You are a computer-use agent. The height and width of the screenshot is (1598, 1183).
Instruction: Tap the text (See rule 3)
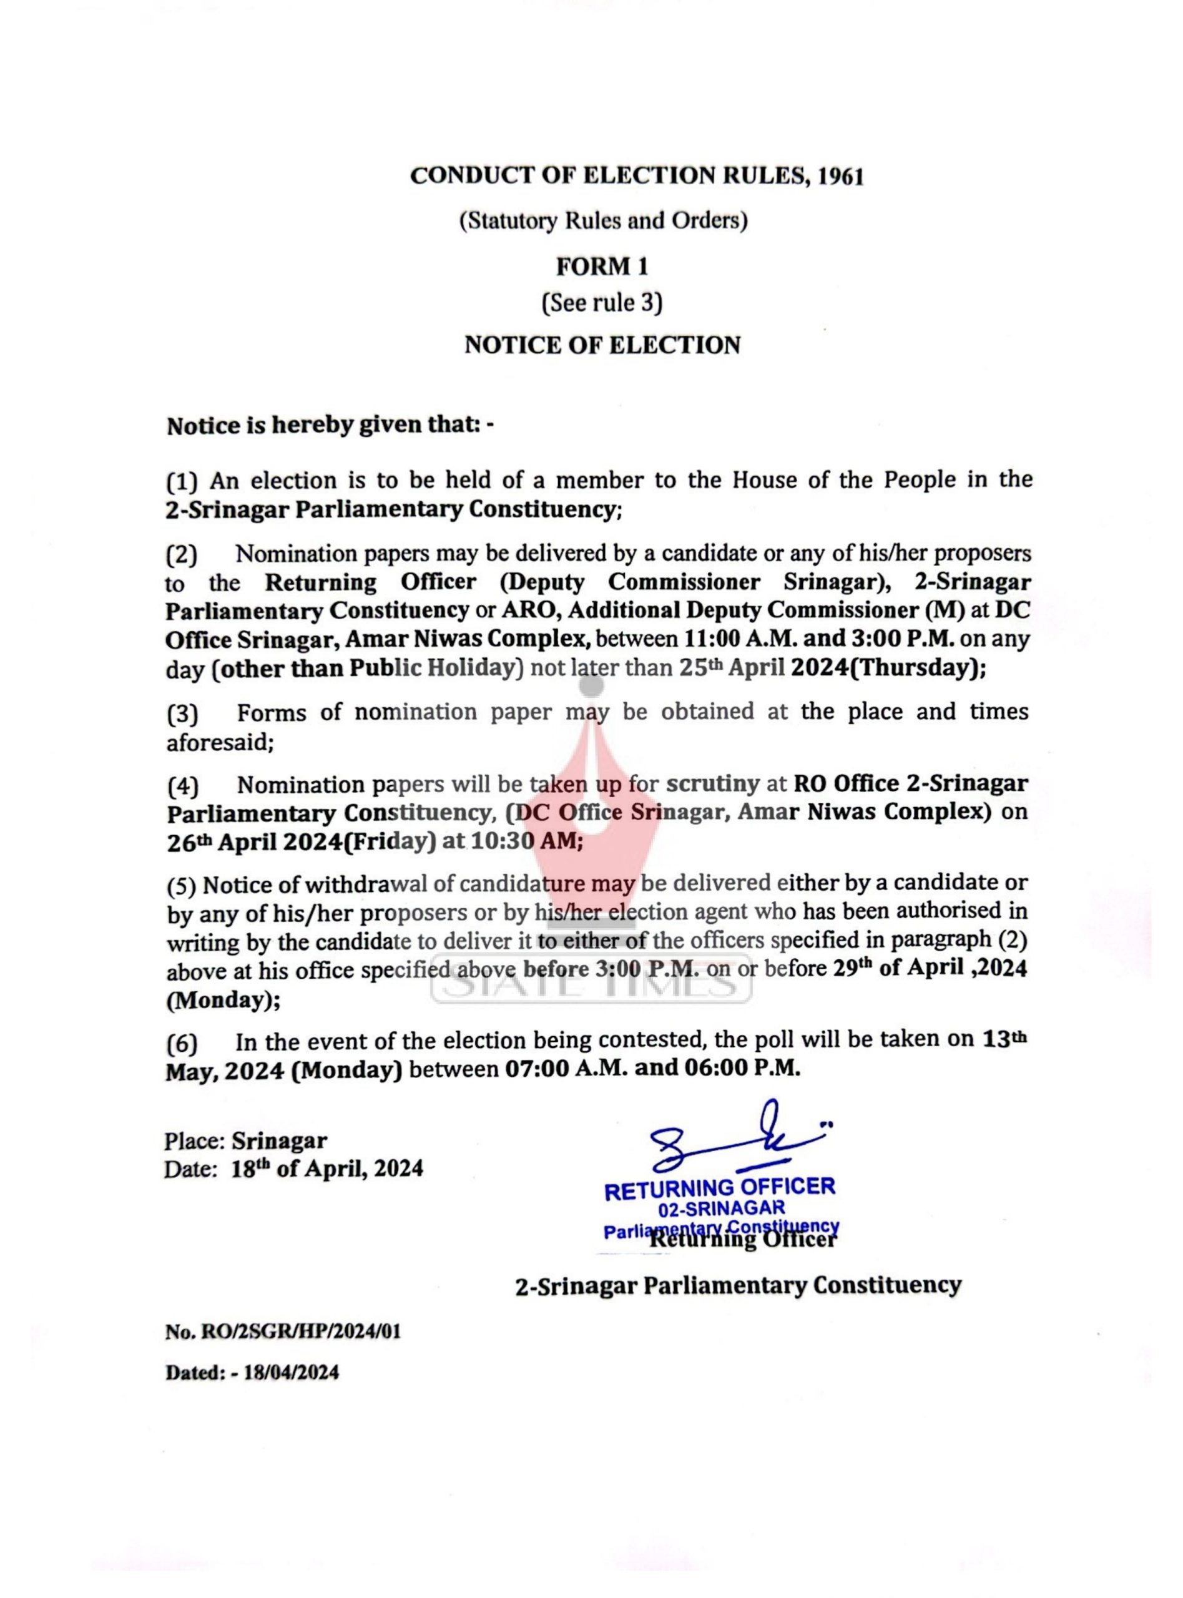click(602, 303)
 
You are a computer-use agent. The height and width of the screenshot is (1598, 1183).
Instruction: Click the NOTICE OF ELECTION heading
click(602, 345)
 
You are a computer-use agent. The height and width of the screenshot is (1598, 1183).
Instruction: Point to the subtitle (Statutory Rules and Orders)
click(603, 220)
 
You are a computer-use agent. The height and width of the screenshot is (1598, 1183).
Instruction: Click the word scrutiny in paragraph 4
click(712, 784)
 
